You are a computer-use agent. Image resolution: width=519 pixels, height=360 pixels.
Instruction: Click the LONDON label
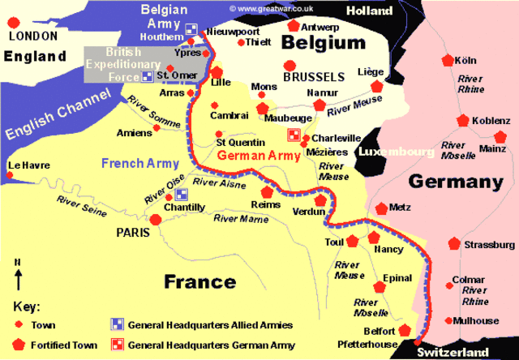tap(32, 36)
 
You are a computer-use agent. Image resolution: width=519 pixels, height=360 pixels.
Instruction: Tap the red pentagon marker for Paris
tap(155, 220)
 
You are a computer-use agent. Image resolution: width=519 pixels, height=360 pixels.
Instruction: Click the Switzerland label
tap(453, 353)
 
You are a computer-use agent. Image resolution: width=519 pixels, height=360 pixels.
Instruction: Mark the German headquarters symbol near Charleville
tap(294, 135)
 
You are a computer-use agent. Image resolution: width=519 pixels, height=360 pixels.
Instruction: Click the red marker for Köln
tap(446, 60)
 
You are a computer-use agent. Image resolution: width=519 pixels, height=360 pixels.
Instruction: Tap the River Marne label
tap(241, 218)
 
